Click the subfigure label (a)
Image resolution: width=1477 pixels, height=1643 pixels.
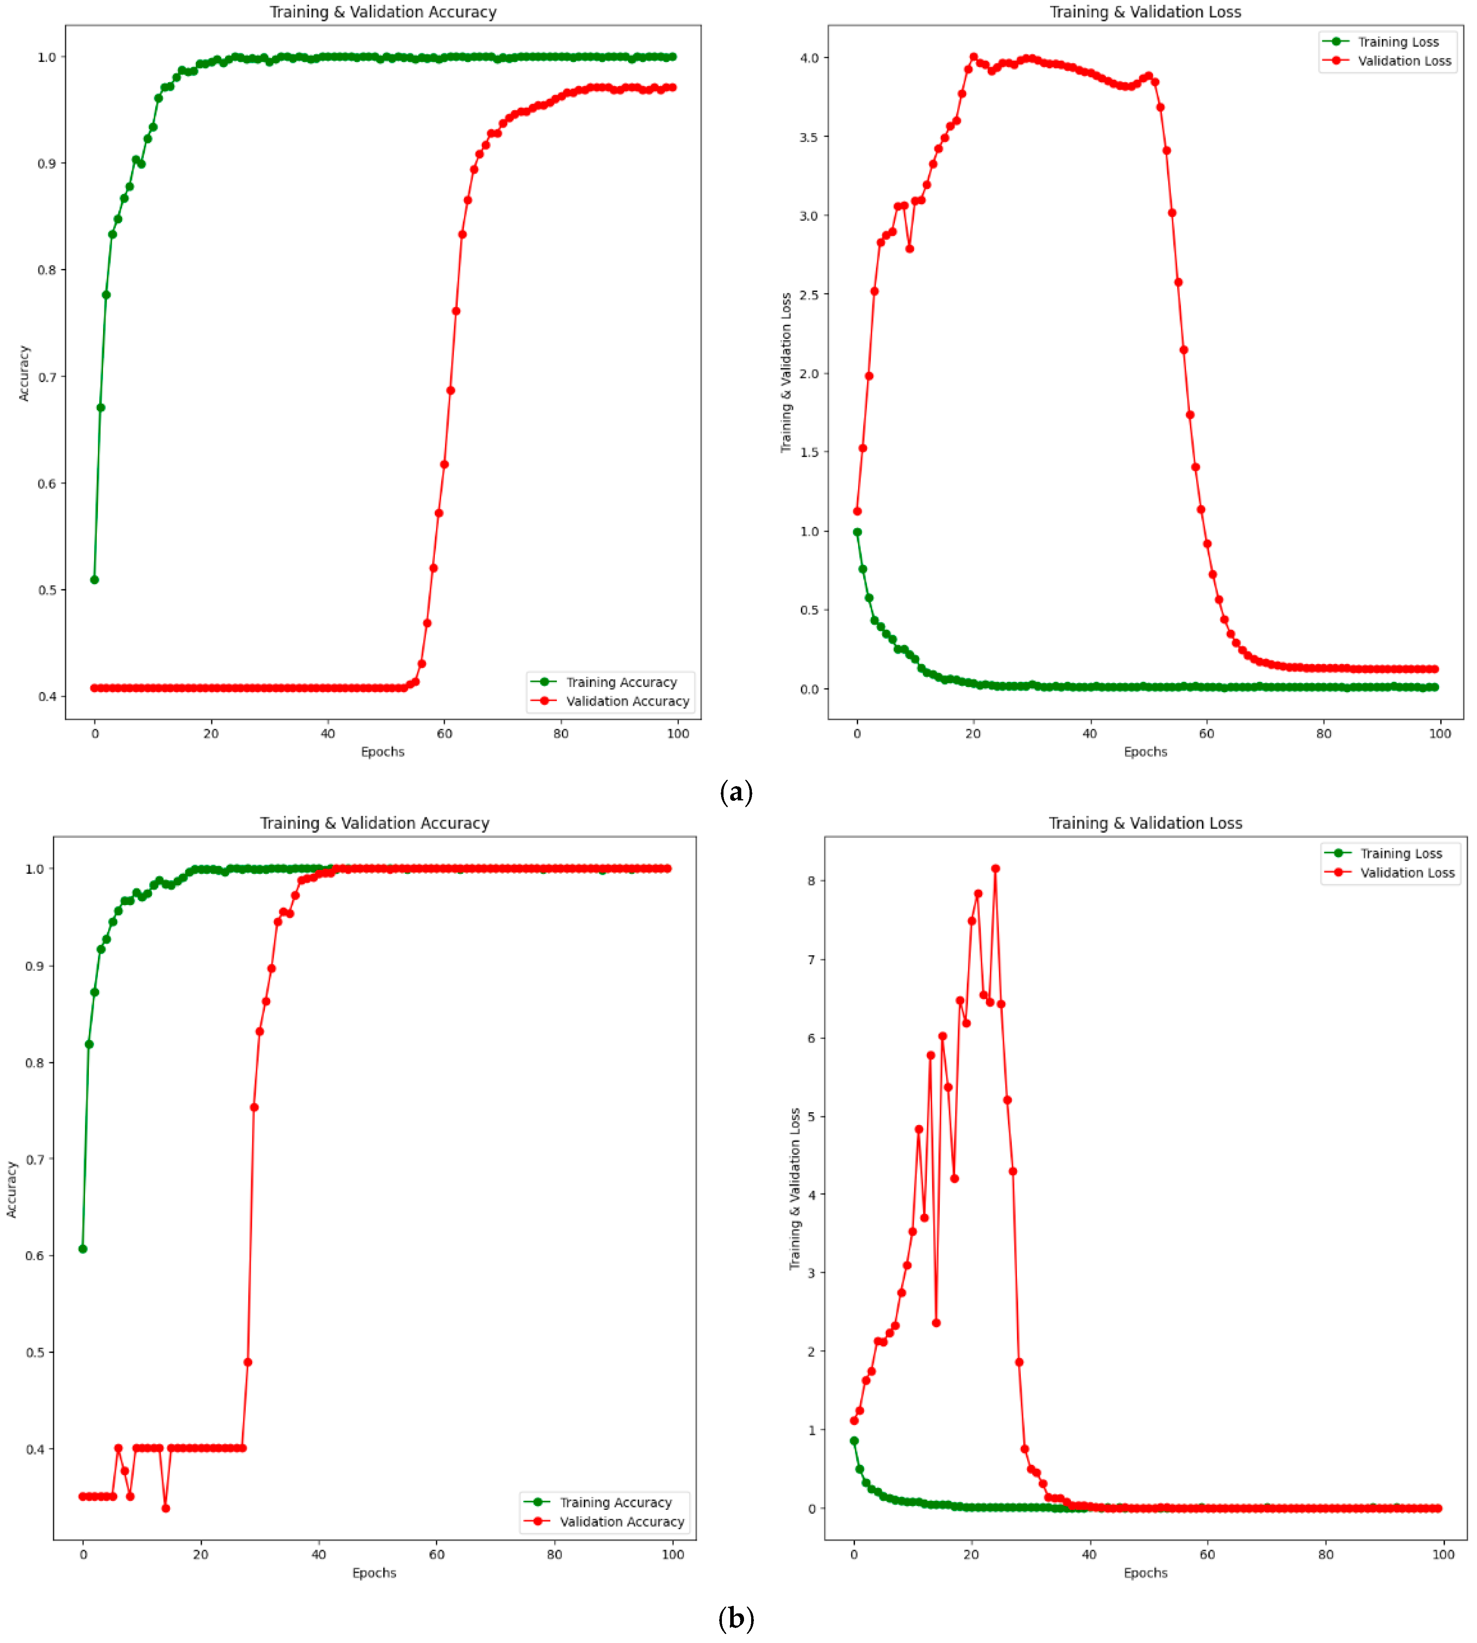pyautogui.click(x=736, y=791)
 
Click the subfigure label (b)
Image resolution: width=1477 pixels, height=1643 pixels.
pyautogui.click(x=736, y=1618)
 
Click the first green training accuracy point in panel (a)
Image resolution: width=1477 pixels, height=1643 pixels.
pyautogui.click(x=95, y=580)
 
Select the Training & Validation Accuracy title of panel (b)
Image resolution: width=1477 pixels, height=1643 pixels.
pyautogui.click(x=374, y=823)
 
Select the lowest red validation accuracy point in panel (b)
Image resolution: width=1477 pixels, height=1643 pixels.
pyautogui.click(x=165, y=1508)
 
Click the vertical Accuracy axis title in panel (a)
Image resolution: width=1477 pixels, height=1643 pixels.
pyautogui.click(x=24, y=373)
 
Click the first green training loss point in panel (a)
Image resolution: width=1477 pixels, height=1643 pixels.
pyautogui.click(x=857, y=533)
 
